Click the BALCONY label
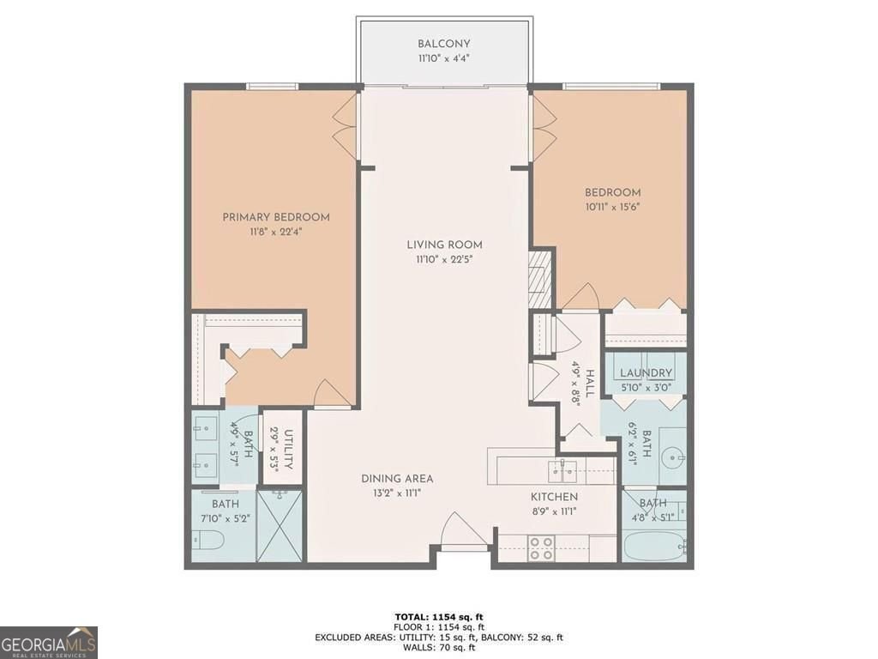(443, 44)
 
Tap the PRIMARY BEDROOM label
(276, 217)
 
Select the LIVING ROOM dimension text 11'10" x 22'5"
(444, 259)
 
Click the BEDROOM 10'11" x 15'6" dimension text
(613, 208)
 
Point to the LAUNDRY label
(645, 373)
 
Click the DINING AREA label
(396, 478)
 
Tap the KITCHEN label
(553, 497)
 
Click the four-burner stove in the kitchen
(541, 548)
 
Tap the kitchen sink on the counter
(562, 467)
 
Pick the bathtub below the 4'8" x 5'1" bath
(653, 545)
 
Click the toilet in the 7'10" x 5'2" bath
(208, 541)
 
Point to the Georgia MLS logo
(49, 642)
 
